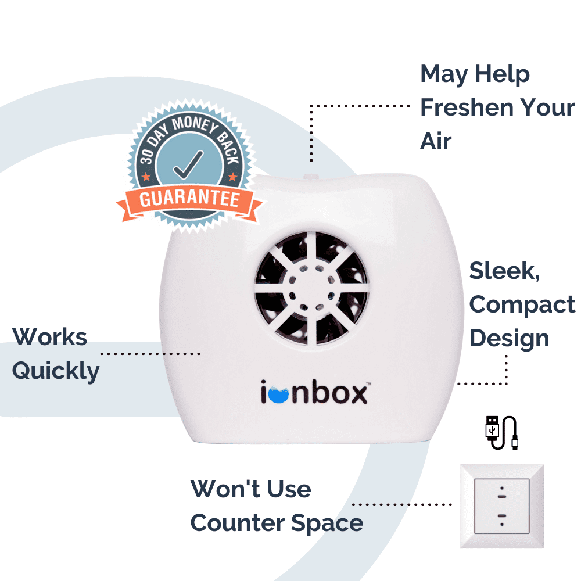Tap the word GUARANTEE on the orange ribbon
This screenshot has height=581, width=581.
tap(190, 199)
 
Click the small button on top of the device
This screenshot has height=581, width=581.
tap(311, 174)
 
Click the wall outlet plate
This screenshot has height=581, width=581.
tap(501, 505)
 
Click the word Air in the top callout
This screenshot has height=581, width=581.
tap(436, 141)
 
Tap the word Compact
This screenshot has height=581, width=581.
tap(522, 304)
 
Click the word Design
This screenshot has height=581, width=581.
tap(509, 338)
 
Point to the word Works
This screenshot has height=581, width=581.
tap(49, 337)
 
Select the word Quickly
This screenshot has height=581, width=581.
tap(56, 371)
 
